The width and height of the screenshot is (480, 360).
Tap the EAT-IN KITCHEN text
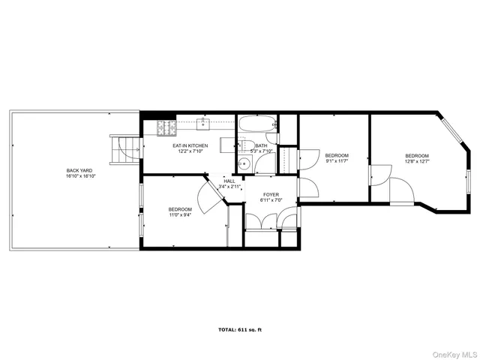190,145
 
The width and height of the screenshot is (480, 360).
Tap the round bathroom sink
244,165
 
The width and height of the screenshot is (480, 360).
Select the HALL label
229,181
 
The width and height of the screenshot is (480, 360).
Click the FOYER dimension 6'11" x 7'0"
270,200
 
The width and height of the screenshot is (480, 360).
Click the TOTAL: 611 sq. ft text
240,329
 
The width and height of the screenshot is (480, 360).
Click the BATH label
261,145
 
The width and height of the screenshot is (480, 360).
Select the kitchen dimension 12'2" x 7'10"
190,151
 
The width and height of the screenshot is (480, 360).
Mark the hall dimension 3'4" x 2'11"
229,186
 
